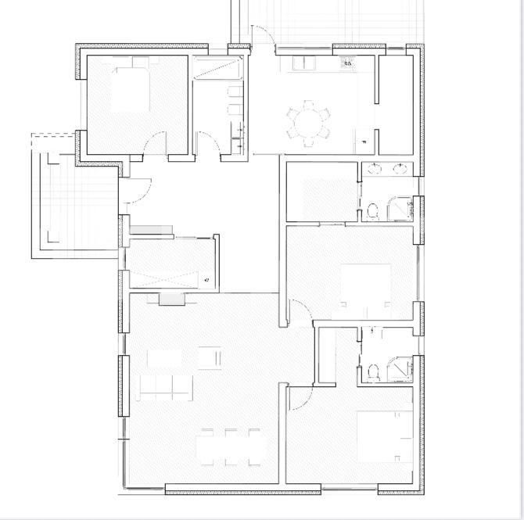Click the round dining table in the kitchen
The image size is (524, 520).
pos(308,123)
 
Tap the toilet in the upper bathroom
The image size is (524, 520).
pos(373,210)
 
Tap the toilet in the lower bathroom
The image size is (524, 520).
pos(372,369)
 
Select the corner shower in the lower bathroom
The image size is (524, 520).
pos(400,368)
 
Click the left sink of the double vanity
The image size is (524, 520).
pos(375,167)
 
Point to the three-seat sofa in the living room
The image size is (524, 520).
pos(165,386)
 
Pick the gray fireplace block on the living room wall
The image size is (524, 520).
pos(170,299)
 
